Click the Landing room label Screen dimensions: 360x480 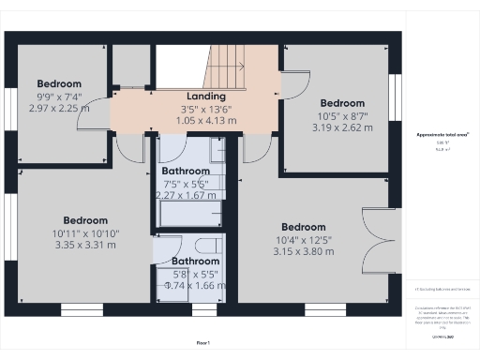coord(206,96)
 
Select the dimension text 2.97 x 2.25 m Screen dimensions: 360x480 coord(59,107)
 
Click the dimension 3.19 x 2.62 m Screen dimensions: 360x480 coord(342,127)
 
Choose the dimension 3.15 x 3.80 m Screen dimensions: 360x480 coord(303,250)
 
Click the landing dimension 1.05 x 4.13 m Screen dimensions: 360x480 coord(206,120)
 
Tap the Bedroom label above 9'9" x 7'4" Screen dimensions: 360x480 coord(59,83)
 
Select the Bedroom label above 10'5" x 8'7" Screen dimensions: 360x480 coord(342,103)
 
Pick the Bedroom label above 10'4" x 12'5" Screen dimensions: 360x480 coord(303,227)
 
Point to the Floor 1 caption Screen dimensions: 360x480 coord(202,343)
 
